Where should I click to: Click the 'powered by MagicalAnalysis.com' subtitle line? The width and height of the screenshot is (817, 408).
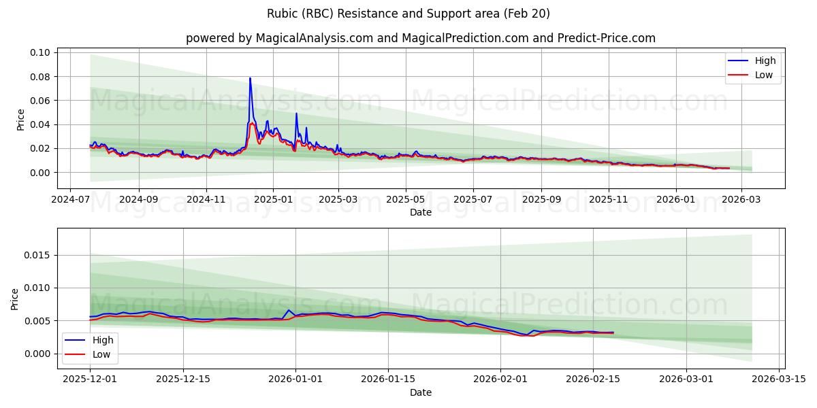420,38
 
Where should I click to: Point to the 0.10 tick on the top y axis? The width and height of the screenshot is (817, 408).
40,52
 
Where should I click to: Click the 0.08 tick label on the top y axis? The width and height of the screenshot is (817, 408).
40,77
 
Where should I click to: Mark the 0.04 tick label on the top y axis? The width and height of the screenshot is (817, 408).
40,124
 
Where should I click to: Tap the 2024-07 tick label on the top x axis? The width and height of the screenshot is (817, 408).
71,201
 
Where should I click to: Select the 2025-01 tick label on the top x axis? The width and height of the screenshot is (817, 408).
273,201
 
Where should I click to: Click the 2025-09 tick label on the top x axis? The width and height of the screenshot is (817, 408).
541,201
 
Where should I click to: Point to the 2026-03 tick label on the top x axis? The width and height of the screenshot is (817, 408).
741,201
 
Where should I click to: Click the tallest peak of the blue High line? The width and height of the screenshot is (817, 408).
250,78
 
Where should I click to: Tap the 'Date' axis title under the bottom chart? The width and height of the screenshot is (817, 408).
420,392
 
